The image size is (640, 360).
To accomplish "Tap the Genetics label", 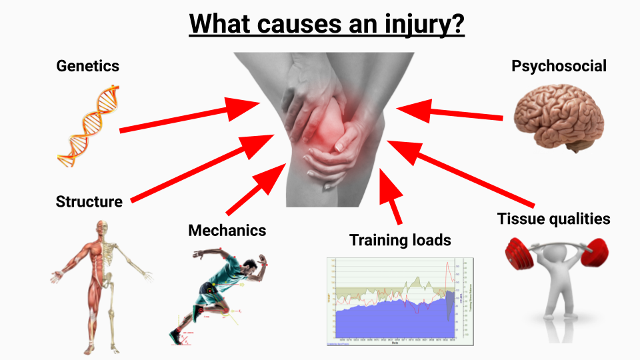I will [88, 66].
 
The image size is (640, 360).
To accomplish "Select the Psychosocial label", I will [559, 66].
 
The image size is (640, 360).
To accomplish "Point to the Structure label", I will [89, 202].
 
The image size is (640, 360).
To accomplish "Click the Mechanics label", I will [227, 231].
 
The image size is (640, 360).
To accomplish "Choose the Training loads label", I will [400, 240].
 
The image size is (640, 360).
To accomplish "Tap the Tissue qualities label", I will [553, 219].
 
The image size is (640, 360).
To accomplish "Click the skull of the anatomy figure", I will [101, 227].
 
